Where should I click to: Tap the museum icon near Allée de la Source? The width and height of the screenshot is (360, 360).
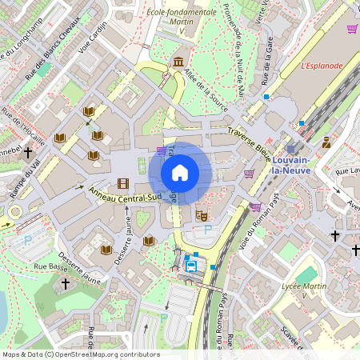pyautogui.click(x=177, y=62)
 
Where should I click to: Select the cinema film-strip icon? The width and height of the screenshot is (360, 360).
pyautogui.click(x=122, y=183)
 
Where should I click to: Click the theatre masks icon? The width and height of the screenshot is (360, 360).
pyautogui.click(x=202, y=214)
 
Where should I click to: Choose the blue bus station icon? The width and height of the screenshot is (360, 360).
pyautogui.click(x=192, y=266)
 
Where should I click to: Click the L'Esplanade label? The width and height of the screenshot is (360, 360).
pyautogui.click(x=322, y=66)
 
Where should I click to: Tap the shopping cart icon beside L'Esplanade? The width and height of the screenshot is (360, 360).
pyautogui.click(x=352, y=29)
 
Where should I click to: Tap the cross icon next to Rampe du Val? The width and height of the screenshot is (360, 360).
pyautogui.click(x=28, y=150)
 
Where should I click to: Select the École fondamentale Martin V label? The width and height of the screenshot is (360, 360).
pyautogui.click(x=182, y=18)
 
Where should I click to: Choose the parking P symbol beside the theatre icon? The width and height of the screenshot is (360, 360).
pyautogui.click(x=209, y=229)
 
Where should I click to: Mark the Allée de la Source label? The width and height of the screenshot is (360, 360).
pyautogui.click(x=207, y=91)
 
